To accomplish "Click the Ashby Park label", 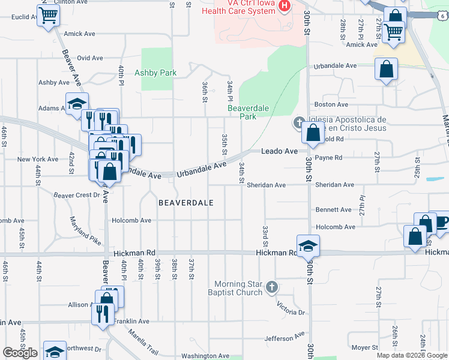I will [155, 73].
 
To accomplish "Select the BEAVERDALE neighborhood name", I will [186, 203].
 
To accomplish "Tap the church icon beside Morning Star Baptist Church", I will [272, 287].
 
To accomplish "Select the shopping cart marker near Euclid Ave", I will [49, 16].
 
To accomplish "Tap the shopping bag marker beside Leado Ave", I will [313, 134].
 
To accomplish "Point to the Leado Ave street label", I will [279, 151].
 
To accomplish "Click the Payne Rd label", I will [328, 158].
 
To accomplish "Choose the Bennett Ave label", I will [333, 210].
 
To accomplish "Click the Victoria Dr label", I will [291, 308].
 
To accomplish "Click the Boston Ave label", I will [335, 104].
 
